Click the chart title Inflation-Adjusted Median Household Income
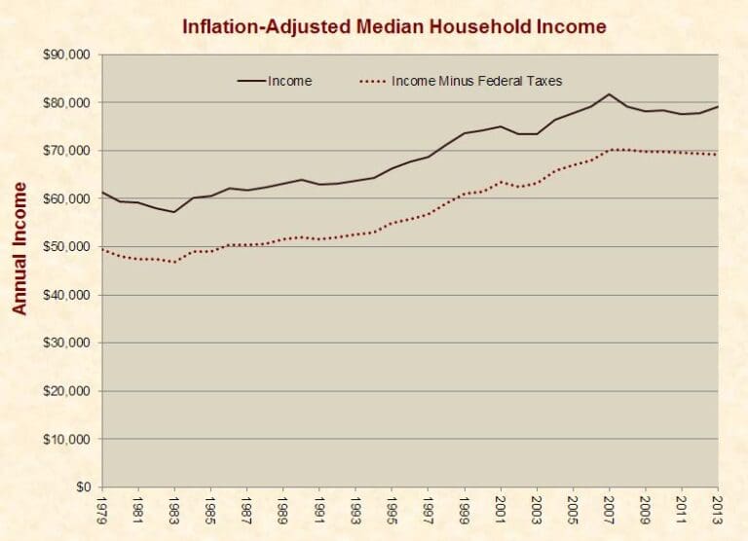[393, 26]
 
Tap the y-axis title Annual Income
[19, 247]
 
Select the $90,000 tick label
[66, 55]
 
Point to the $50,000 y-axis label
[66, 247]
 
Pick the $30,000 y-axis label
[66, 343]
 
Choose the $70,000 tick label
[66, 151]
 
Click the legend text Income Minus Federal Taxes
[476, 82]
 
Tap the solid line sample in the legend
[250, 82]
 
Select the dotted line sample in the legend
[371, 82]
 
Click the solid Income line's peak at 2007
[609, 94]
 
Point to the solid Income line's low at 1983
[174, 212]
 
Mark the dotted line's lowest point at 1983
[174, 262]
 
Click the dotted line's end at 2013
[718, 155]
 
